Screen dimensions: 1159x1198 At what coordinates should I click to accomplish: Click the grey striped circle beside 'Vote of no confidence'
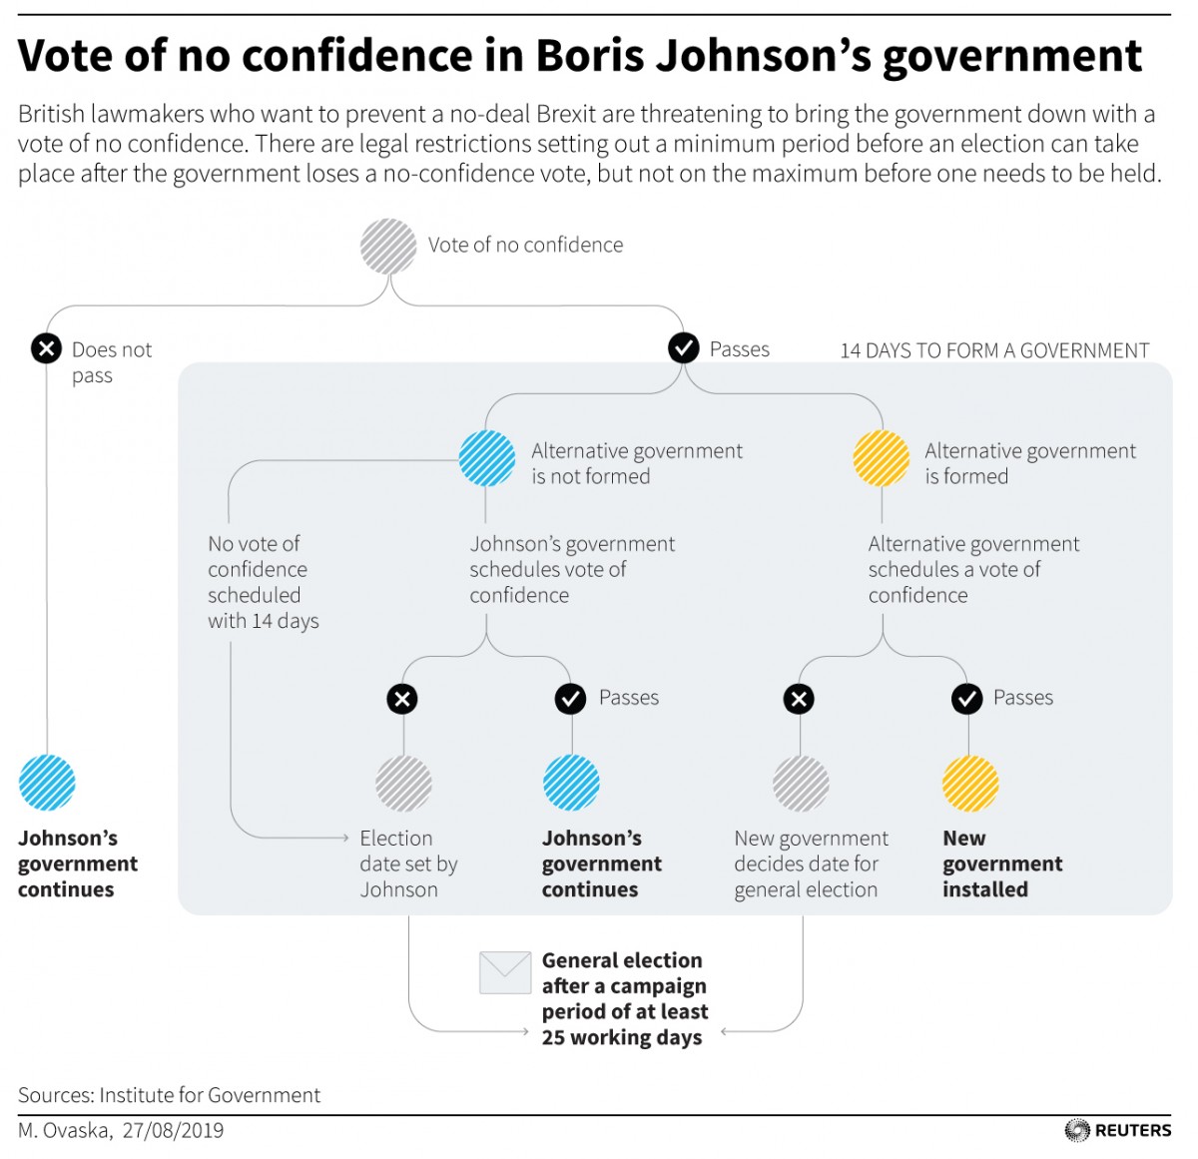(388, 246)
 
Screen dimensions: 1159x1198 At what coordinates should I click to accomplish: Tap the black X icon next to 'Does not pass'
(46, 348)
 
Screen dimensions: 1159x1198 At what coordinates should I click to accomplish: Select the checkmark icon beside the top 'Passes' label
(683, 347)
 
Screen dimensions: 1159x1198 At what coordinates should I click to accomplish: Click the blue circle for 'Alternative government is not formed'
(487, 458)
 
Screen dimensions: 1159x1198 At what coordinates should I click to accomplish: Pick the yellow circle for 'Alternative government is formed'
(882, 458)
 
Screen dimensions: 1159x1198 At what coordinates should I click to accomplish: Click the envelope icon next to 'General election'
(505, 972)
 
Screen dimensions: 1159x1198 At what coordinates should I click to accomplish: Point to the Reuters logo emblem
(1077, 1130)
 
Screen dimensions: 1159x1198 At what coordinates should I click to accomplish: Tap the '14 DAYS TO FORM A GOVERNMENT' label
(994, 350)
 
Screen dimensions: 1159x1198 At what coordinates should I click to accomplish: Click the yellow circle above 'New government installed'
(970, 783)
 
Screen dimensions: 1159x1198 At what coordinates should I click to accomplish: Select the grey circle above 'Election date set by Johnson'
(403, 783)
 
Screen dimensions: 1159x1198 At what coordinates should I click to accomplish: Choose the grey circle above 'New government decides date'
(801, 783)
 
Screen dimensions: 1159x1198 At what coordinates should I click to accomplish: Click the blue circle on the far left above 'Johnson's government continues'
(47, 783)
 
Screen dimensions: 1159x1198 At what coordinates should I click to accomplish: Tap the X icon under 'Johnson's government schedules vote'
(402, 699)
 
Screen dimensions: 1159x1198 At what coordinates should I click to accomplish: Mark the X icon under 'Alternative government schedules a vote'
(799, 699)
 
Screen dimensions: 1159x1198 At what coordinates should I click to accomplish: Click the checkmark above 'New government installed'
(966, 699)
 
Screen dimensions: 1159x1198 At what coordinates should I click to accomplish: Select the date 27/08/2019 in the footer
(174, 1130)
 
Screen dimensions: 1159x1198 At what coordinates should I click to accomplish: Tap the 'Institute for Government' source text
(210, 1095)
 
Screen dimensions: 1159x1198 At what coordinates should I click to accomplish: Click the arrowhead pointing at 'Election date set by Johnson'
(345, 838)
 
